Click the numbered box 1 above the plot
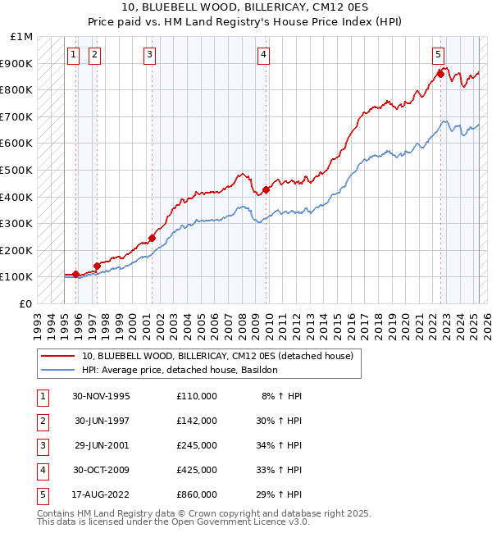73,55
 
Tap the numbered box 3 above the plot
150,55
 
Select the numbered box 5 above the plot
439,55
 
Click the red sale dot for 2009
266,190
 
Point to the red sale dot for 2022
440,74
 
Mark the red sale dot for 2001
153,239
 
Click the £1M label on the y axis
22,37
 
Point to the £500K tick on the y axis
17,170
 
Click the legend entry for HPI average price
180,370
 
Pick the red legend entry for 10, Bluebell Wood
217,356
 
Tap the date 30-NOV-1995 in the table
101,396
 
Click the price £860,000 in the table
197,494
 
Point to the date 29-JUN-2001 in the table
101,445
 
